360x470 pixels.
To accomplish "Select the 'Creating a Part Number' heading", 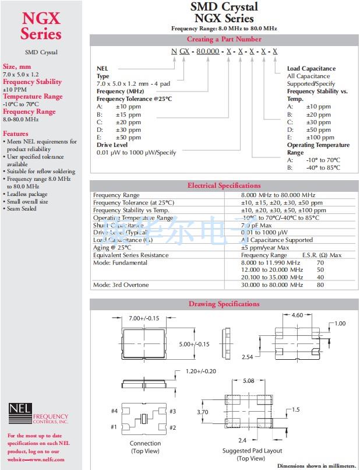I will click(224, 39).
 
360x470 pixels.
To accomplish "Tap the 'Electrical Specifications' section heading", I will click(224, 185).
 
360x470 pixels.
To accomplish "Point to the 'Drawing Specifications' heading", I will click(224, 304).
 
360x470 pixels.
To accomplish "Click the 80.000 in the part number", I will click(207, 51).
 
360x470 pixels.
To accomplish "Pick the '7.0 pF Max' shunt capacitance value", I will click(256, 225).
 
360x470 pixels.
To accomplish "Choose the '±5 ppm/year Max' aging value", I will click(265, 248).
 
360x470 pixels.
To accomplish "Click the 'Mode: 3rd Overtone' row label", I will click(121, 285).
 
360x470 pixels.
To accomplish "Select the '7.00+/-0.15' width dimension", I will click(144, 319).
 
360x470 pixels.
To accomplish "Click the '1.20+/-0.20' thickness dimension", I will click(201, 371).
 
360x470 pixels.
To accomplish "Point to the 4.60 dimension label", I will click(297, 315).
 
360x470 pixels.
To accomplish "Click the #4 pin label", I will click(115, 412).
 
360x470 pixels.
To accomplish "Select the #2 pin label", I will click(172, 427).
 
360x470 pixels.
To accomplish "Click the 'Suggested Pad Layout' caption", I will click(252, 451).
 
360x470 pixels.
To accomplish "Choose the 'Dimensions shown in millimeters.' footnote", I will click(316, 465).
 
